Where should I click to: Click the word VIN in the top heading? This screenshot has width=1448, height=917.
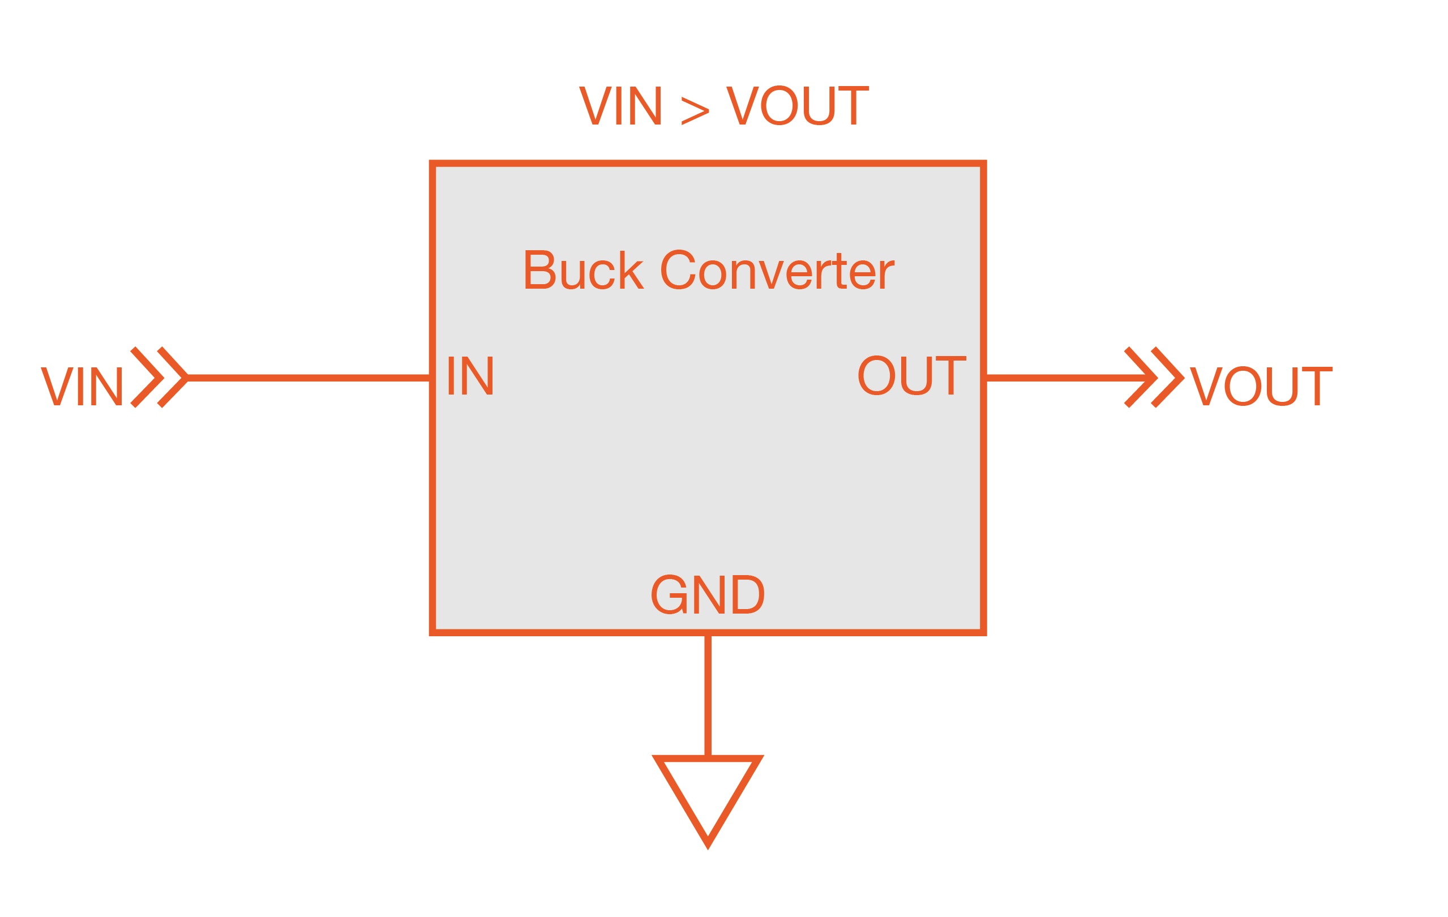[620, 106]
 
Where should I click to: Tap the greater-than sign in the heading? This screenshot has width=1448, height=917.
[695, 110]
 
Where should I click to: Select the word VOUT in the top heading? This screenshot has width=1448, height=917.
[798, 106]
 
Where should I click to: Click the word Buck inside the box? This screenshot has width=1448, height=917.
[583, 270]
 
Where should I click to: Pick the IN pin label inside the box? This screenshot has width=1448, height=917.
[470, 376]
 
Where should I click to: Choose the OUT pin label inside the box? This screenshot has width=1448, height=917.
[911, 376]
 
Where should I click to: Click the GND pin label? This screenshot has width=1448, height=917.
[707, 594]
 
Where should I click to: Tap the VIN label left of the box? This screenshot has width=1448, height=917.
[82, 387]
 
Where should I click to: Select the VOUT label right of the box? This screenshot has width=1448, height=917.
[1261, 387]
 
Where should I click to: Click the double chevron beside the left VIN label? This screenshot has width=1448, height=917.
[158, 378]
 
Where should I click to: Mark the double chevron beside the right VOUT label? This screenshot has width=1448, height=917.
[1154, 378]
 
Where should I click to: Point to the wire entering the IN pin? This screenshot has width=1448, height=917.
[308, 378]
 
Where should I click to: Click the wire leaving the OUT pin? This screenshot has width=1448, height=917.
[1064, 378]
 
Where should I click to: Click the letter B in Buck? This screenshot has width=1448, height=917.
[539, 270]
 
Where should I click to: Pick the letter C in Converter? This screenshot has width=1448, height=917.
[678, 270]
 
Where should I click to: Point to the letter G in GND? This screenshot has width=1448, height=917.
[669, 594]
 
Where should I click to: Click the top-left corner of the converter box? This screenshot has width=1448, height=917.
[433, 164]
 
